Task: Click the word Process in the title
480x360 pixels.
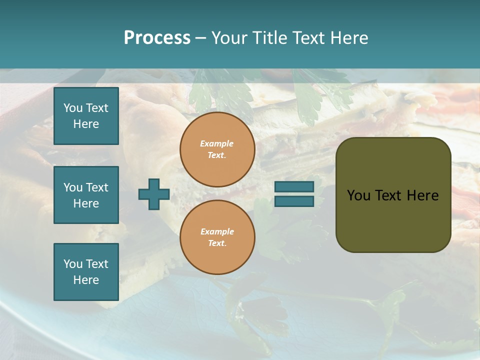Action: pyautogui.click(x=157, y=38)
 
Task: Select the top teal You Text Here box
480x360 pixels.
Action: pyautogui.click(x=86, y=116)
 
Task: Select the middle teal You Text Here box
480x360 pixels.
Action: pyautogui.click(x=86, y=195)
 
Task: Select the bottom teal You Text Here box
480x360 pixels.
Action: pyautogui.click(x=86, y=271)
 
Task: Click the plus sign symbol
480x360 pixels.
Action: pyautogui.click(x=154, y=194)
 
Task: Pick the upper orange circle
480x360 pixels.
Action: pyautogui.click(x=217, y=149)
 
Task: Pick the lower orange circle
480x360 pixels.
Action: pyautogui.click(x=217, y=237)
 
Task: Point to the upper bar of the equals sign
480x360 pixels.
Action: pyautogui.click(x=294, y=186)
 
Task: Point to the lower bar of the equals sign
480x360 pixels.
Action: pyautogui.click(x=294, y=201)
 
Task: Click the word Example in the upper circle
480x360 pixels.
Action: pyautogui.click(x=217, y=143)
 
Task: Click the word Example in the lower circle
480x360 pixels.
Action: pyautogui.click(x=217, y=231)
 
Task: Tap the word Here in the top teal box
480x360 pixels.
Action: pyautogui.click(x=86, y=124)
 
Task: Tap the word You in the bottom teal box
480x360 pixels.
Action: pyautogui.click(x=73, y=263)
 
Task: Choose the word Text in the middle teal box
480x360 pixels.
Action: pyautogui.click(x=96, y=187)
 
